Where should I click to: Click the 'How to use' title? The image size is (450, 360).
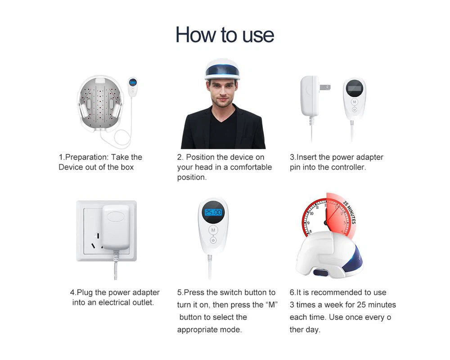point(225,35)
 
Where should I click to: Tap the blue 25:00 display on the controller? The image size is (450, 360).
point(213,212)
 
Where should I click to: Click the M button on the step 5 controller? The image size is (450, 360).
point(213,230)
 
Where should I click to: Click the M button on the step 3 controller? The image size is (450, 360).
point(355,102)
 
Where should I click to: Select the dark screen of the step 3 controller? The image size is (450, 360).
point(355,88)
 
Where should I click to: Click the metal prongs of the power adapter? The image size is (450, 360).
point(325,87)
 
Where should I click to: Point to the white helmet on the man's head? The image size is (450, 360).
point(222,69)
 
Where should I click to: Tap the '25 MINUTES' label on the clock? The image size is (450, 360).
point(350,212)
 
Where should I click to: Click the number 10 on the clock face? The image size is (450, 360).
point(311,213)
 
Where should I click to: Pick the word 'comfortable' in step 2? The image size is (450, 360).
point(251,167)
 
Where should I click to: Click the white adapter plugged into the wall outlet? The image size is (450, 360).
point(116,227)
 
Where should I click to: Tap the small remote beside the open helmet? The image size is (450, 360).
point(133,87)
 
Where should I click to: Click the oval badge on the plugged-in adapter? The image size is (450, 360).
point(115,216)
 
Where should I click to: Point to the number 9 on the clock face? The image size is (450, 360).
point(309,223)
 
